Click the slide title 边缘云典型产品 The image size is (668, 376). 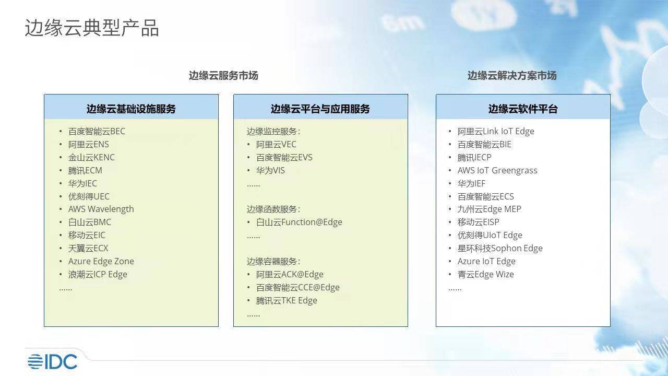[92, 28]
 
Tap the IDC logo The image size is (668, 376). [52, 361]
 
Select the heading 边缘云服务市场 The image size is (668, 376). [223, 76]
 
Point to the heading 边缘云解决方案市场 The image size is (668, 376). [512, 76]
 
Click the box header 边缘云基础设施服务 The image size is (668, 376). [131, 109]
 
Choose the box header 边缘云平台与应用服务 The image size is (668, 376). [320, 109]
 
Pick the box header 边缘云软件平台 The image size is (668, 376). [523, 109]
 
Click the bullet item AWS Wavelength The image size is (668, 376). [101, 209]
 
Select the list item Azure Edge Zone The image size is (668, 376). [101, 261]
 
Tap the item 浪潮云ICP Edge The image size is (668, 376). [98, 274]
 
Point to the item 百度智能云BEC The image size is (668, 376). [97, 131]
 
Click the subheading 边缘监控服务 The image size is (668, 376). [273, 131]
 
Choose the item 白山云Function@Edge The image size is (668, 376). [299, 222]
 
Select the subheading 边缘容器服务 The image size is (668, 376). [273, 261]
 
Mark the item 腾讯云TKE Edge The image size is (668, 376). [287, 300]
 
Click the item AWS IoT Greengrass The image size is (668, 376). [497, 170]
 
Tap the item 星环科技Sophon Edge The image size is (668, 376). [500, 248]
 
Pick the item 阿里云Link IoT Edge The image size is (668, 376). [496, 131]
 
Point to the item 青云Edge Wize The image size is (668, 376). [485, 274]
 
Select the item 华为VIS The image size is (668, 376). [270, 170]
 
